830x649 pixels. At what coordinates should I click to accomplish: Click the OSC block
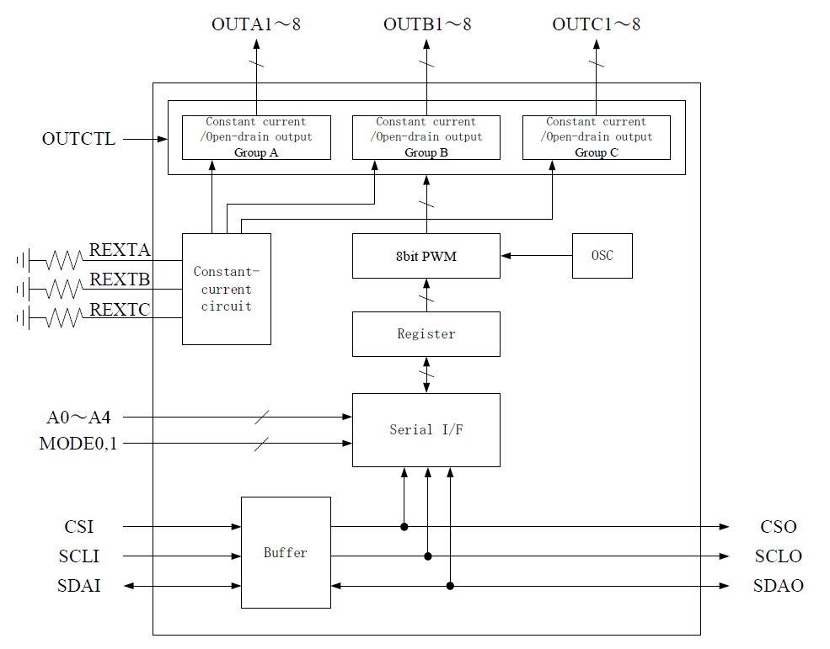click(602, 256)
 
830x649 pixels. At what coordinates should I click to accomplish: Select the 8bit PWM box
click(426, 256)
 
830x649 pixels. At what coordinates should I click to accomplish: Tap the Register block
click(426, 334)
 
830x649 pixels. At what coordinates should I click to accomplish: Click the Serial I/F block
click(426, 430)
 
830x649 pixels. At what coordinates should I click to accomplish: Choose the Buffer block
click(286, 553)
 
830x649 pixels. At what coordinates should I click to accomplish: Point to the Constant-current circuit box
click(226, 289)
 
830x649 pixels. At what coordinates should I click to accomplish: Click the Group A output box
click(256, 137)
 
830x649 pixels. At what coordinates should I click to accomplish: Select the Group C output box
click(597, 137)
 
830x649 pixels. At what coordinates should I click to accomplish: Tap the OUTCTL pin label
click(78, 139)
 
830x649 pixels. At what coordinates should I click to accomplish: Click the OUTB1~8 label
click(427, 24)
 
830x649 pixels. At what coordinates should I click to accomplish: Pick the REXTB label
click(120, 279)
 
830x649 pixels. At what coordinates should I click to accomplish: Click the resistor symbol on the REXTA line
click(64, 260)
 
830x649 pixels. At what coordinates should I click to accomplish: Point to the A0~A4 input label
click(78, 417)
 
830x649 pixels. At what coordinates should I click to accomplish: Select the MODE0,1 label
click(78, 443)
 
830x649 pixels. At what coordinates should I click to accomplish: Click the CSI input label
click(79, 527)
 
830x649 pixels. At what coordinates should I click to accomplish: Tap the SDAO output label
click(778, 586)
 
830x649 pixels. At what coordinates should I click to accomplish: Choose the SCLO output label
click(778, 556)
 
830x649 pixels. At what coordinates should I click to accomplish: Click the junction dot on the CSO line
click(404, 527)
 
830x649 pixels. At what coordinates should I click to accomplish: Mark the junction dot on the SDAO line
click(451, 586)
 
